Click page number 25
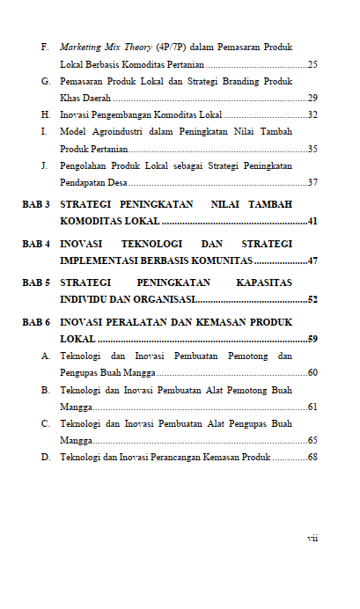312,64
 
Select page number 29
312,98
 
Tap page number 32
312,115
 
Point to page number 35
312,149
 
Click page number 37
312,182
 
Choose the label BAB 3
36,204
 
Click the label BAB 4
36,244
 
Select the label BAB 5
36,283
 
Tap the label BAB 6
36,323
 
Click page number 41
312,221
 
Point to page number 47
312,260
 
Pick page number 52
312,300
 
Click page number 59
312,340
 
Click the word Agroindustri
121,132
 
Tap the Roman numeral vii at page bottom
312,538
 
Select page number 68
312,458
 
